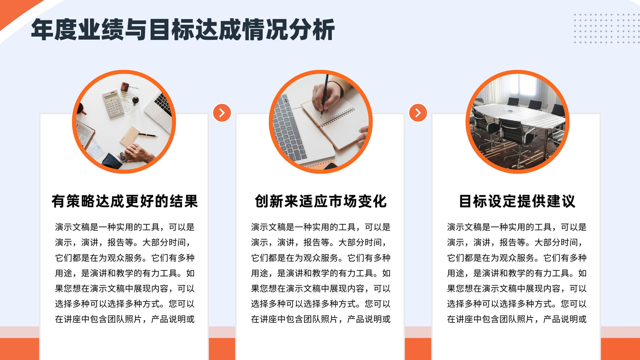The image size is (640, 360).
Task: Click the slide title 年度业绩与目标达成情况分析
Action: click(183, 30)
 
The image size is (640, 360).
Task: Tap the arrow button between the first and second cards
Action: click(222, 112)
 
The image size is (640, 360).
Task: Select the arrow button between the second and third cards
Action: click(418, 112)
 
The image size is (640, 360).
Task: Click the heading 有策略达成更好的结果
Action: click(124, 201)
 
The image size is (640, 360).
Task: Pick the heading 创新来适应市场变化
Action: click(320, 201)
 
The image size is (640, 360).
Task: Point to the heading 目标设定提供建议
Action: click(517, 201)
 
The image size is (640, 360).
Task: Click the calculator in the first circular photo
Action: click(113, 104)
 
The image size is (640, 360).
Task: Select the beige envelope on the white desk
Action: click(130, 136)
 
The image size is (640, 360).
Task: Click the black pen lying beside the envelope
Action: click(148, 134)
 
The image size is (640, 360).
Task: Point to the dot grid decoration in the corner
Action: click(607, 28)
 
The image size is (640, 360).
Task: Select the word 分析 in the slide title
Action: click(312, 30)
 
